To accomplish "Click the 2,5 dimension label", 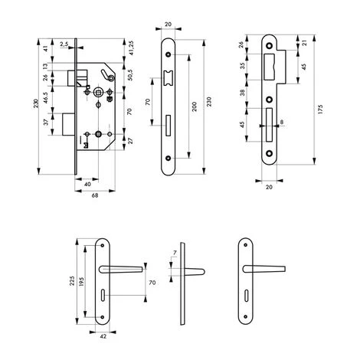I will click(x=63, y=44).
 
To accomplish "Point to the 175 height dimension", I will click(x=321, y=99).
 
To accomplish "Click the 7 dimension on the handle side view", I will click(x=174, y=252).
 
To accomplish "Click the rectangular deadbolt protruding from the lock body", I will click(x=68, y=123).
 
